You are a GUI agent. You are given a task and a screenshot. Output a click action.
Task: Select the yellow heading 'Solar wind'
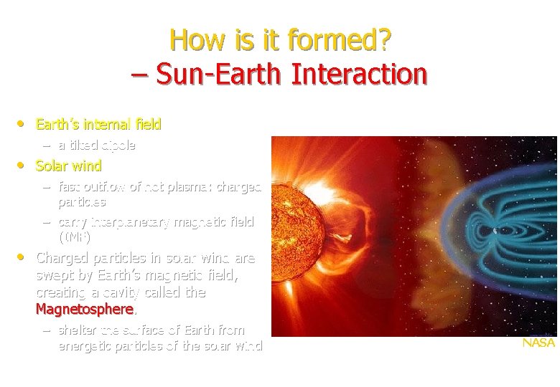pyautogui.click(x=69, y=166)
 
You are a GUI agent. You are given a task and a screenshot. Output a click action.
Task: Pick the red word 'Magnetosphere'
pyautogui.click(x=84, y=310)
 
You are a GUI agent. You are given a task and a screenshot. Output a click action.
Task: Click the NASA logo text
pyautogui.click(x=538, y=343)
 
